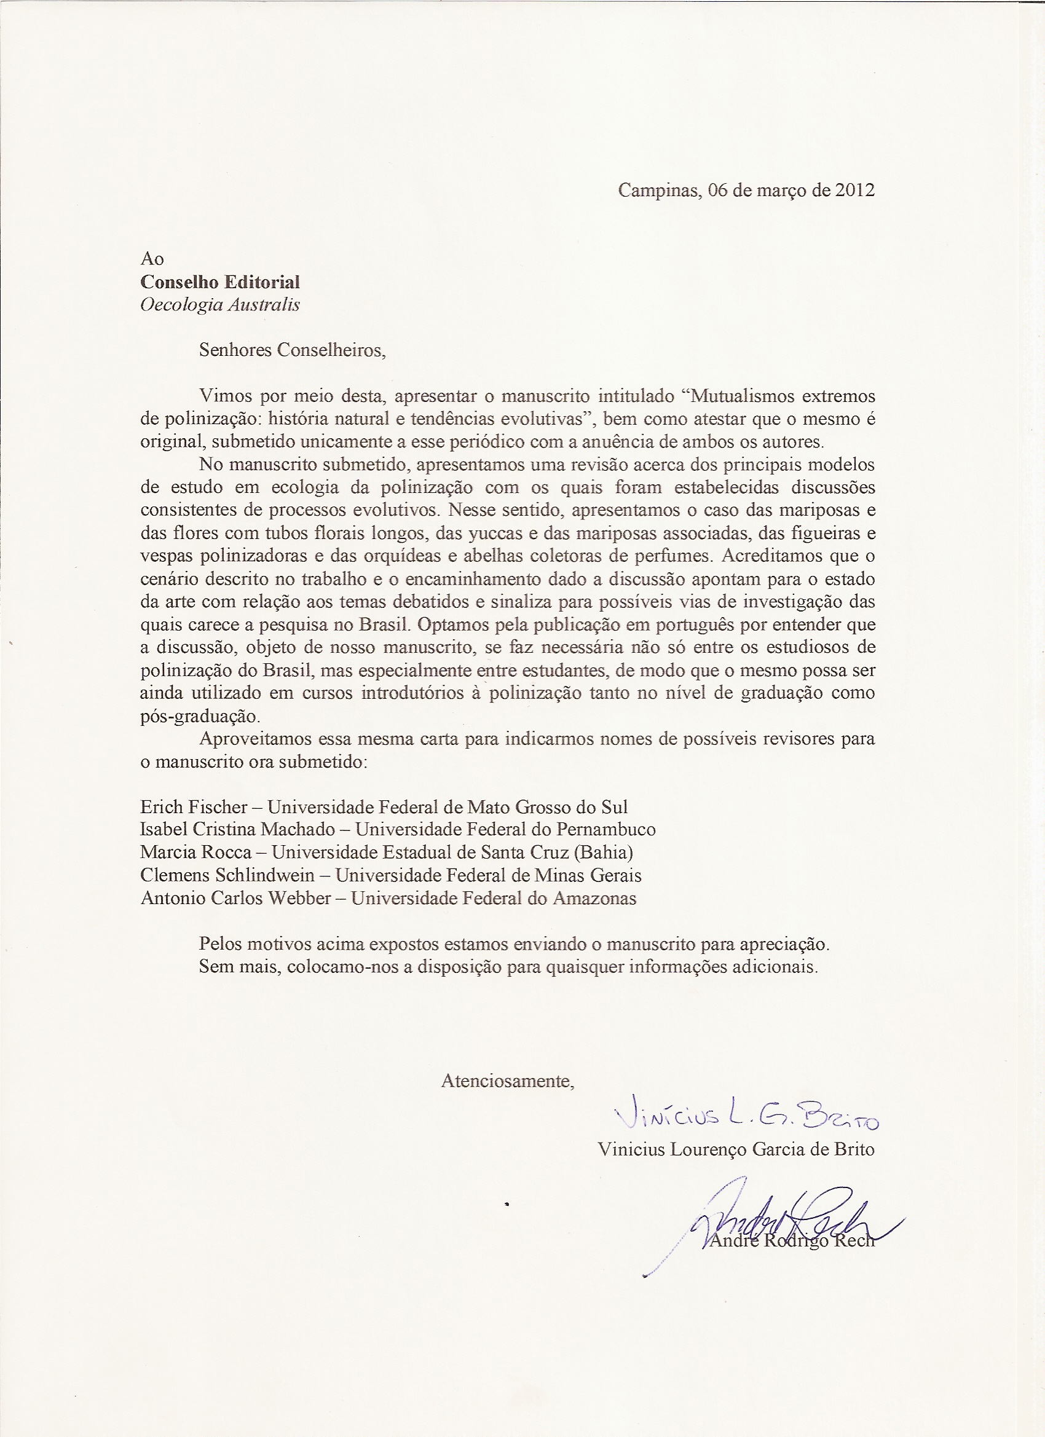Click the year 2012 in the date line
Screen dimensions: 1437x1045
click(x=855, y=190)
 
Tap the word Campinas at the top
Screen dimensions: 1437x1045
click(x=658, y=190)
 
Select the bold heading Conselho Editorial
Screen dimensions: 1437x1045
click(x=220, y=282)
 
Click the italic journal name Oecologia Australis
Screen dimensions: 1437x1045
click(x=220, y=305)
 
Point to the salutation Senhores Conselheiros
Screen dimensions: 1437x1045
click(x=292, y=350)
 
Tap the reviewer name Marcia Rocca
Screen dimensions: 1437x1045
click(x=196, y=852)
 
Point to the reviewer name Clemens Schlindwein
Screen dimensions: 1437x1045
click(x=227, y=875)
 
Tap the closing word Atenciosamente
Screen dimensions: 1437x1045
click(x=508, y=1081)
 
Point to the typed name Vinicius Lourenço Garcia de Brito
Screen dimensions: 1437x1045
click(x=736, y=1149)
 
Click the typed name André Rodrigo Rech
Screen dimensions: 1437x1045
click(x=792, y=1240)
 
